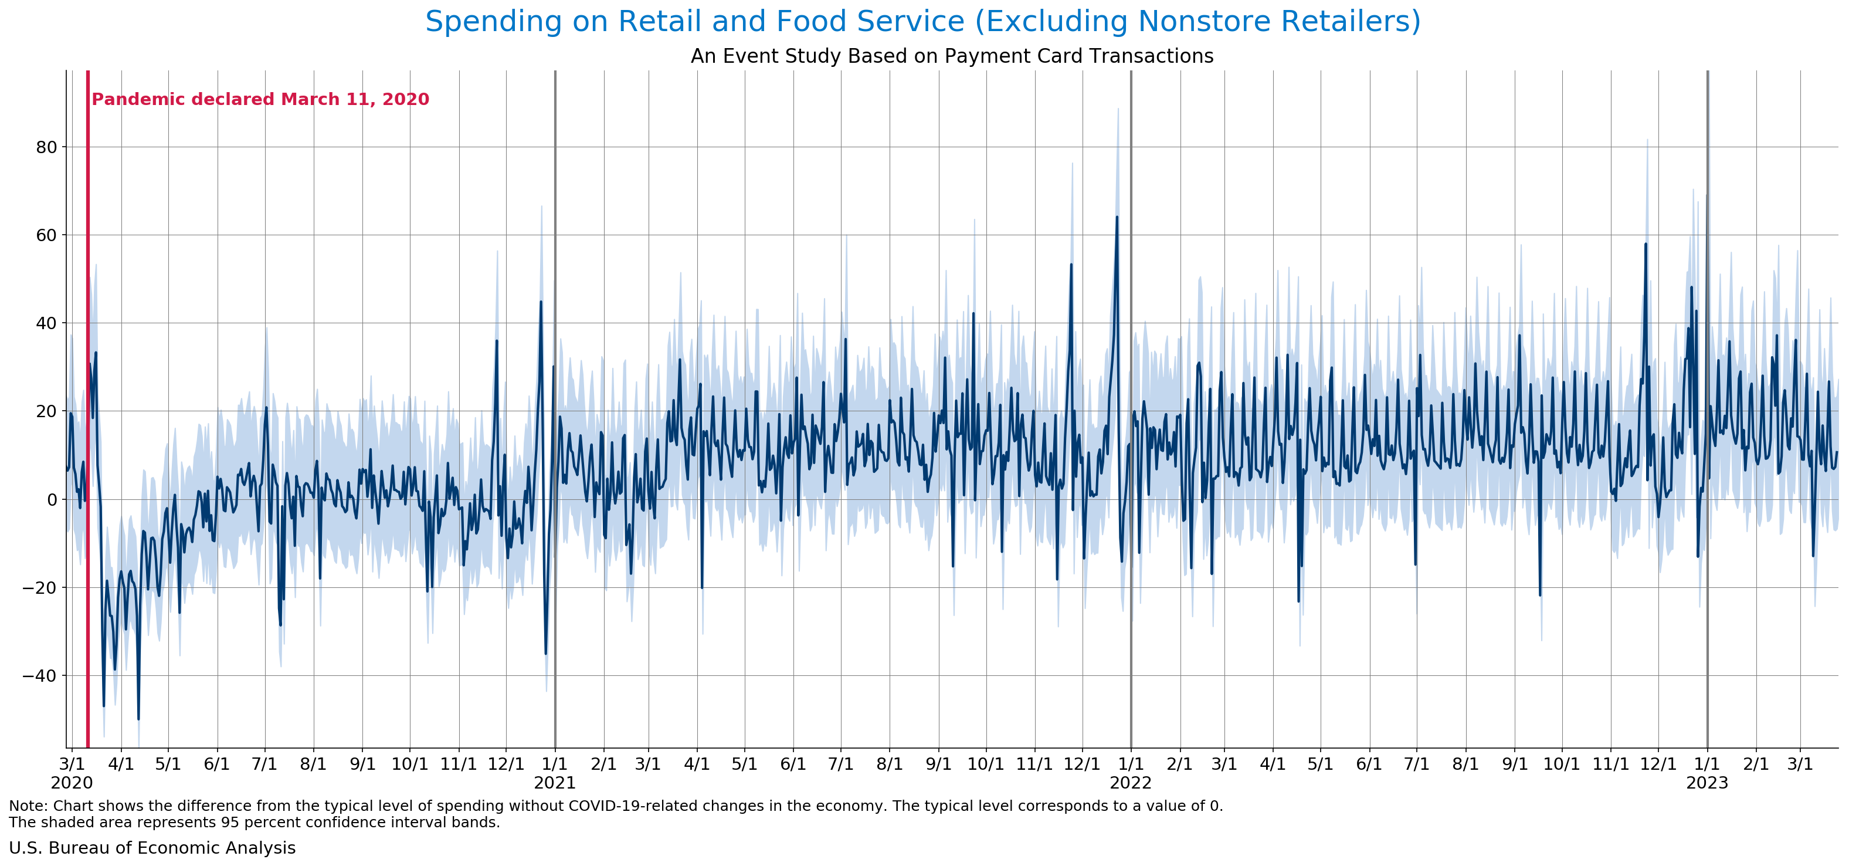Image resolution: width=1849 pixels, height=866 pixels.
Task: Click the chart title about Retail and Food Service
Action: pyautogui.click(x=922, y=22)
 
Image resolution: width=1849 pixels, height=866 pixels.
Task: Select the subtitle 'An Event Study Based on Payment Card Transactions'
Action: pyautogui.click(x=952, y=56)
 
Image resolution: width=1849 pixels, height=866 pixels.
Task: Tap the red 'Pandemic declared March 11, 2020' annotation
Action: pyautogui.click(x=260, y=99)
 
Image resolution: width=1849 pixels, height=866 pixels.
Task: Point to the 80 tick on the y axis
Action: pyautogui.click(x=46, y=147)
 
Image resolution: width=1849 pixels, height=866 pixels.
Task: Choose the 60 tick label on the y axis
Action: pyautogui.click(x=46, y=235)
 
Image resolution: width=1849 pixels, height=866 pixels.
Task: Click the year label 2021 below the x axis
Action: pyautogui.click(x=555, y=783)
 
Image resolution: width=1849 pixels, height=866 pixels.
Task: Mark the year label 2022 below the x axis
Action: pyautogui.click(x=1131, y=783)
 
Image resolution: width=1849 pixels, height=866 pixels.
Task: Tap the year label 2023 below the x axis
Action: pyautogui.click(x=1707, y=783)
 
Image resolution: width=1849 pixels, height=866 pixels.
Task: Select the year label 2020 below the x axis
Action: pyautogui.click(x=72, y=783)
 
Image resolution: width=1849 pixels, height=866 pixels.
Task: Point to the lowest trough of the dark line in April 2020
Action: pyautogui.click(x=138, y=719)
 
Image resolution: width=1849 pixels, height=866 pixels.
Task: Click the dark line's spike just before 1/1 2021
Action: pyautogui.click(x=541, y=302)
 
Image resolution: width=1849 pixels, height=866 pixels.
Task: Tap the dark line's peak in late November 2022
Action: pyautogui.click(x=1646, y=244)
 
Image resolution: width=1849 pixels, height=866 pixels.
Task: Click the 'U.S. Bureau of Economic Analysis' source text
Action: pyautogui.click(x=152, y=848)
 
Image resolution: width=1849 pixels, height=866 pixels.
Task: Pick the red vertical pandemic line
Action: pyautogui.click(x=87, y=431)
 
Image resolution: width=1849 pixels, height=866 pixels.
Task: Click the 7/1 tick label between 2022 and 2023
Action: pyautogui.click(x=1417, y=763)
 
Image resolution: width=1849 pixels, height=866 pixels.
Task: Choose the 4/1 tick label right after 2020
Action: pyautogui.click(x=121, y=763)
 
